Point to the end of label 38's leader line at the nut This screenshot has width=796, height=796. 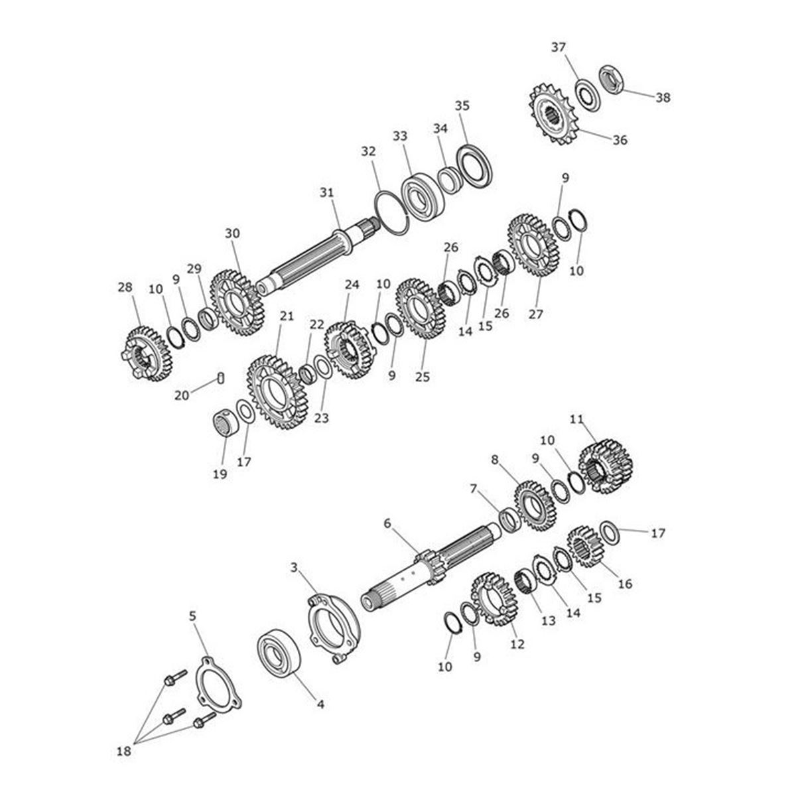pos(622,90)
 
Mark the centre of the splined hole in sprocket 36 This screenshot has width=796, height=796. pos(551,113)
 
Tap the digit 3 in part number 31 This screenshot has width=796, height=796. pos(323,192)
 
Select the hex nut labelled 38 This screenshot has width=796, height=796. pos(612,78)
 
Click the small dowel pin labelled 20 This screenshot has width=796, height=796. pos(221,377)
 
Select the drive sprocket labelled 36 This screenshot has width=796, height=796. pos(552,114)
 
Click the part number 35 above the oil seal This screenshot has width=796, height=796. pos(462,105)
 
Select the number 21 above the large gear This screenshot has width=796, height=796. pos(287,316)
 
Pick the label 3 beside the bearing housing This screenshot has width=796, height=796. pos(294,568)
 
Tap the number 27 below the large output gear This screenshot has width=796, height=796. pos(536,314)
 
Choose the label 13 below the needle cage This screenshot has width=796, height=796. pos(549,621)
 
